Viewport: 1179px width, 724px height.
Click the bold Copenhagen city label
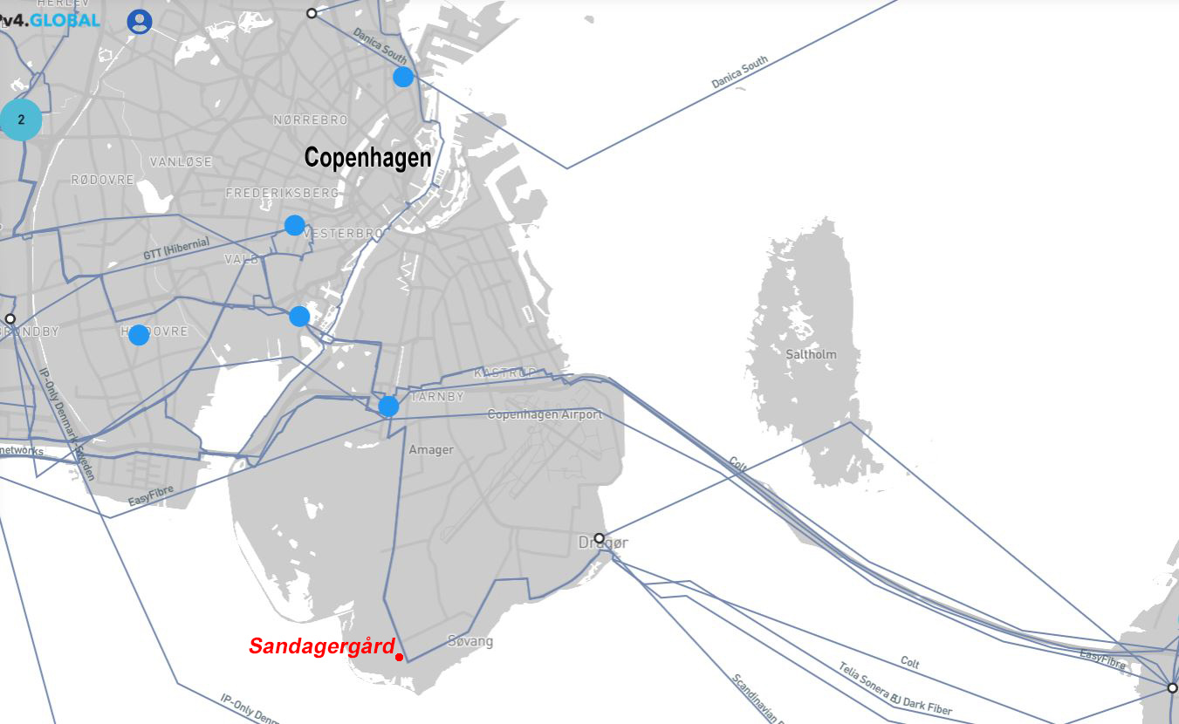(367, 158)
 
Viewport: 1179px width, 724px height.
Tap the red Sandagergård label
(321, 646)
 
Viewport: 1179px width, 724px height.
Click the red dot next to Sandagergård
(399, 657)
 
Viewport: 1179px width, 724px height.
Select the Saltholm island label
(811, 354)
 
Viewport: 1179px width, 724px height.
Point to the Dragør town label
(602, 543)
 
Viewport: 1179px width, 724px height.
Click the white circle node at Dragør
(599, 537)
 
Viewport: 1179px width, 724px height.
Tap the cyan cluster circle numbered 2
(21, 120)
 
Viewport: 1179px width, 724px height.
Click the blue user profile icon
(140, 22)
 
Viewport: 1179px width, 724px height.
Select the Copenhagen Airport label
(545, 414)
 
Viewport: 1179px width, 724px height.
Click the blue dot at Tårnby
(388, 406)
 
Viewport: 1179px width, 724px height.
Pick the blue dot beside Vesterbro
(294, 225)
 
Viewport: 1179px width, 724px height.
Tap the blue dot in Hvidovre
(139, 335)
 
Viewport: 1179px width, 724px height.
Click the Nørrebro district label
(311, 120)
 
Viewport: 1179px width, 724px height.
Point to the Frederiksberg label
(282, 193)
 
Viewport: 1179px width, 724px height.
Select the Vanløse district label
(181, 162)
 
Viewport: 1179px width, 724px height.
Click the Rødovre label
(102, 180)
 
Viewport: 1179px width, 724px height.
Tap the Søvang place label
(470, 642)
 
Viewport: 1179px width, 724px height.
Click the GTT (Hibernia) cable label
(176, 249)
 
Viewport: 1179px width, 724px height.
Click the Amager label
(431, 450)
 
